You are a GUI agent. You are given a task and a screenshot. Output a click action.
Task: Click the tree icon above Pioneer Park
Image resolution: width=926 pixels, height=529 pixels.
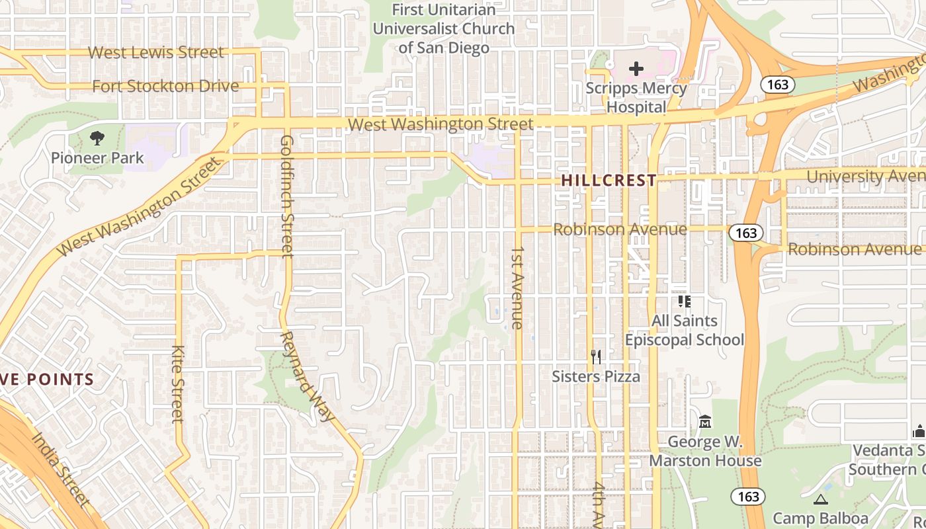[97, 138]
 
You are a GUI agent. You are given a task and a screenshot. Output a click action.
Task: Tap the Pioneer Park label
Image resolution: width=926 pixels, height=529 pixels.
[97, 158]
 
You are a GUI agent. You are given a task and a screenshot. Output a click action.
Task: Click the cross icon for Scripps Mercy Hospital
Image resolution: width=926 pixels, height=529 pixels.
[636, 69]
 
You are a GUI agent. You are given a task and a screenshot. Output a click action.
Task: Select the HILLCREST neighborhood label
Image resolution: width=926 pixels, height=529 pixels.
[609, 181]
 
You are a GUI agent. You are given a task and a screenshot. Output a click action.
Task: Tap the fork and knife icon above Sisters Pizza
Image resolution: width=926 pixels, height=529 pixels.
[596, 357]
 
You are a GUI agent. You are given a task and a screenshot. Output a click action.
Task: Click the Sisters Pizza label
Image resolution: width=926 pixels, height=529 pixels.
[596, 376]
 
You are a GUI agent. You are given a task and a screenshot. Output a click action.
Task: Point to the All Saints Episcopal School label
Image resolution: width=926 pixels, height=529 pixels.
[685, 331]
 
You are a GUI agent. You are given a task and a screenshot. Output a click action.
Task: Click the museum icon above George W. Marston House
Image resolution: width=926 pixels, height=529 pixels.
[705, 421]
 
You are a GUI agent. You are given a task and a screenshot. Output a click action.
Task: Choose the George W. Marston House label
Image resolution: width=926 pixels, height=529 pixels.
[705, 451]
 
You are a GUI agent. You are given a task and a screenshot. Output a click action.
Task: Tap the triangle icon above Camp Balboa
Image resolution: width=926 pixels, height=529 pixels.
[821, 499]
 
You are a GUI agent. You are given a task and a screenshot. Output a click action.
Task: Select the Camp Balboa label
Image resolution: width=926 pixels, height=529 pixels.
[820, 518]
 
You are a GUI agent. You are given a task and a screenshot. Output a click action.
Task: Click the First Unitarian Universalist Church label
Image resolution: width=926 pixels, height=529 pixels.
[443, 29]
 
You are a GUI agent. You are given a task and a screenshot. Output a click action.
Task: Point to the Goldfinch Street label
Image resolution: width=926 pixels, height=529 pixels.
[287, 196]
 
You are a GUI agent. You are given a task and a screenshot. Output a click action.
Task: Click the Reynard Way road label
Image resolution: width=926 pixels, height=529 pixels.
[306, 376]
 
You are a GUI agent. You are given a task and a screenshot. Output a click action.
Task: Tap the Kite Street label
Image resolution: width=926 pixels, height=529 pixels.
[177, 384]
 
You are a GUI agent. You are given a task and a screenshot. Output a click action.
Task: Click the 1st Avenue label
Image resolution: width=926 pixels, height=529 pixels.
[517, 288]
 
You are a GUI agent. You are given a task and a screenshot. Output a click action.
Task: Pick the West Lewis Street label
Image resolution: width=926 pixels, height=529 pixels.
[156, 52]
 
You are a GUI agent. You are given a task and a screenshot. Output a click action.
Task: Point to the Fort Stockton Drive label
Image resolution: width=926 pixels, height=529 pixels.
[165, 86]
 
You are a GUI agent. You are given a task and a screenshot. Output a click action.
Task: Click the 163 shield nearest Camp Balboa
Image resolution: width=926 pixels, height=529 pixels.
[747, 496]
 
